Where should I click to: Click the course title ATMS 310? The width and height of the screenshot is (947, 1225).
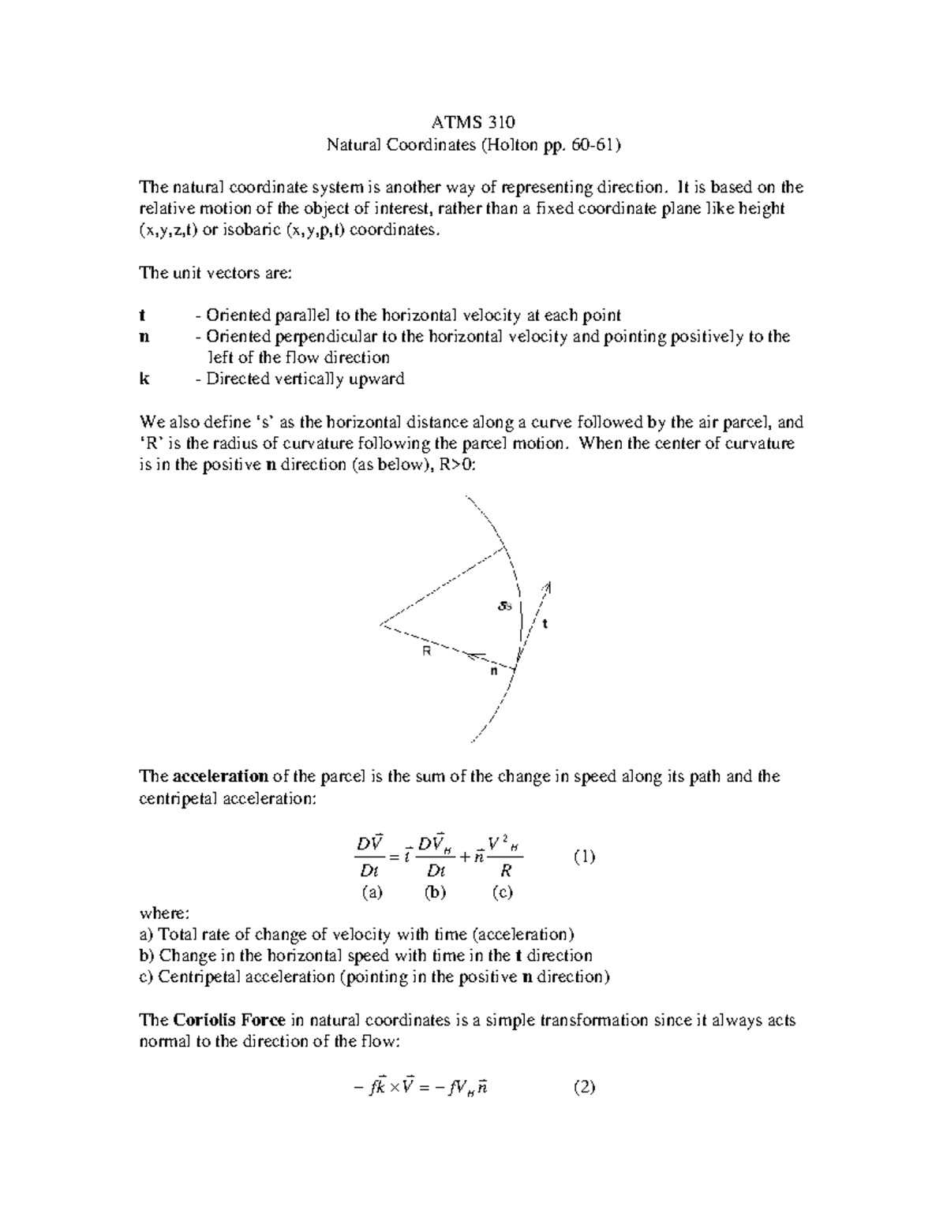point(473,122)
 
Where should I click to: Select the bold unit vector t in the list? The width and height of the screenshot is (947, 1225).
point(142,316)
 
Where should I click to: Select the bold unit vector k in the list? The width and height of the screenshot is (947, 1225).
point(143,379)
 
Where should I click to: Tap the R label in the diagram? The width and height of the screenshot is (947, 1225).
point(426,652)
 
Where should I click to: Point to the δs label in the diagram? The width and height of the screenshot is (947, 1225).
point(505,606)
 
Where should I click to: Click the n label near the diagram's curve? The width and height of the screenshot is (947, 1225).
point(494,671)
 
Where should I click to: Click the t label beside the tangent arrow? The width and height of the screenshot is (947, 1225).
point(544,623)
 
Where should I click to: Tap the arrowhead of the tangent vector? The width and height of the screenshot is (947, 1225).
point(548,586)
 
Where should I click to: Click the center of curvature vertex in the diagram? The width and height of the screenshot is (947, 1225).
point(381,625)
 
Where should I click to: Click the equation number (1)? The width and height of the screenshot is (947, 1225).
point(584,857)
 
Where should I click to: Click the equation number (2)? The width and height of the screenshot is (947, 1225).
point(584,1088)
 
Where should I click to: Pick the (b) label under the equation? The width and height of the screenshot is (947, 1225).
point(435,892)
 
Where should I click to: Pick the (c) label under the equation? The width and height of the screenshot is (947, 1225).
point(502,892)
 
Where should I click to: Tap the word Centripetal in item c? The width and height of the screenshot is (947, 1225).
point(197,977)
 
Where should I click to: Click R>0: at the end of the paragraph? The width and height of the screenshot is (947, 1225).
point(457,465)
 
